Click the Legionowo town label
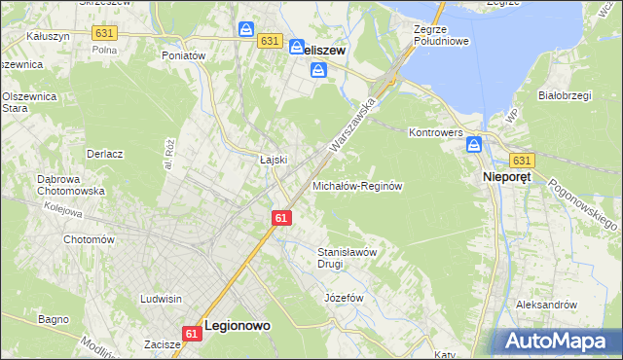237,328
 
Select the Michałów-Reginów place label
357,185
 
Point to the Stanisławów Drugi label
348,257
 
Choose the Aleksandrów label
547,305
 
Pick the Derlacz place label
104,154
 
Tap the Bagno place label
53,318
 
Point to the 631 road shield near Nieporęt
522,161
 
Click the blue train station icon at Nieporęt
474,145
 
